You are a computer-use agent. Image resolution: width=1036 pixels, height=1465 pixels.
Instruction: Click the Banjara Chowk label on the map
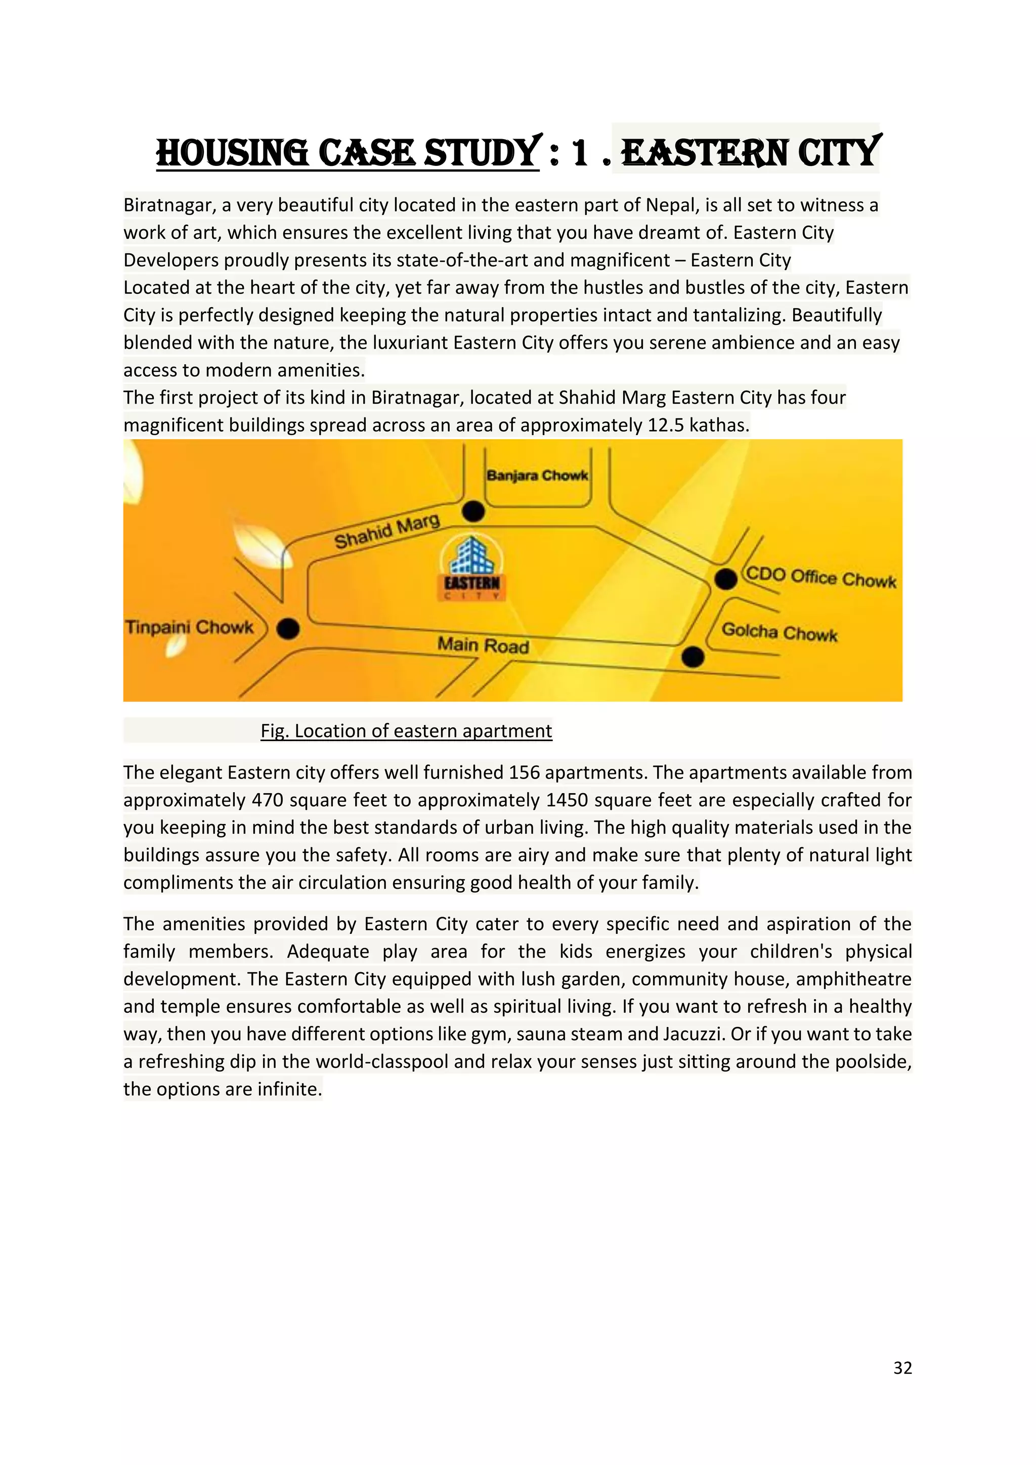click(537, 476)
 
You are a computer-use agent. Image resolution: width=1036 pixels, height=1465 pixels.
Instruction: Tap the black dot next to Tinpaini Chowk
click(288, 628)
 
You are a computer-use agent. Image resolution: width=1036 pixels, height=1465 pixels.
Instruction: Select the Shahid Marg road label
click(387, 531)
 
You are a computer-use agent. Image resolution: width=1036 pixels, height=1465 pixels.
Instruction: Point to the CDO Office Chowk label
click(821, 577)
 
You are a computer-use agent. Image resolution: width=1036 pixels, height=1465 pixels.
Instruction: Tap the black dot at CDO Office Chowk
click(725, 579)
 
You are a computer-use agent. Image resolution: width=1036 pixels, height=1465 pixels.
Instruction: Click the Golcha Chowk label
click(779, 632)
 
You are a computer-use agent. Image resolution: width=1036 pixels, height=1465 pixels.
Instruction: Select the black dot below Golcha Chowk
click(693, 657)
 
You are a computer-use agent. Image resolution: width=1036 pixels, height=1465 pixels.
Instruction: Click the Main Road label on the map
click(483, 645)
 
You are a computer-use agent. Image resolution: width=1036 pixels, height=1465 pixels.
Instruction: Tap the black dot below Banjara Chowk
click(472, 511)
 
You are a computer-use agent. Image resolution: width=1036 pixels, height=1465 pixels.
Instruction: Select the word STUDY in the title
click(482, 154)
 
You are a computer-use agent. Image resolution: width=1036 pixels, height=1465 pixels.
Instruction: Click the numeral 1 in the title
click(579, 154)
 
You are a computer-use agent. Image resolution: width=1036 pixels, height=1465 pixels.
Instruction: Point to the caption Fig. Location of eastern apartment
click(406, 730)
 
